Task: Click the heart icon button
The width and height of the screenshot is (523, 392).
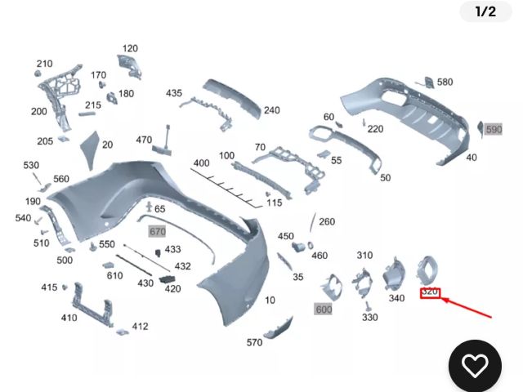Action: pos(475,364)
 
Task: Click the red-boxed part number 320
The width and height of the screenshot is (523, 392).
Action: pos(430,292)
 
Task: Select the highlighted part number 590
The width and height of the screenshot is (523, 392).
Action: pos(494,130)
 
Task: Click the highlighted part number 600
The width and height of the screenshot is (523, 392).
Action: pos(324,310)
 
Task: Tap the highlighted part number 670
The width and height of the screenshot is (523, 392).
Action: pos(158,231)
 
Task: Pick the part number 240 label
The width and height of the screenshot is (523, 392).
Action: pos(271,110)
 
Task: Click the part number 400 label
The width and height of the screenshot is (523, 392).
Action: pos(201,163)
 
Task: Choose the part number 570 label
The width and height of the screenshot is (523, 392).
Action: pos(254,342)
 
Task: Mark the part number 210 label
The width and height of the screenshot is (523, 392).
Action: pos(44,64)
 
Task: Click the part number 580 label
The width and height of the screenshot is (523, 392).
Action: pos(445,82)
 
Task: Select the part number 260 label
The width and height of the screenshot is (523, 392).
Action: pos(327,221)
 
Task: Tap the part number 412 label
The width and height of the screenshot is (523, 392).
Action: pos(140,327)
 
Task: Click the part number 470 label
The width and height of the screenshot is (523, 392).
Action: pos(144,140)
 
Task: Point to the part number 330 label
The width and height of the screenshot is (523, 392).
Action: pos(370,317)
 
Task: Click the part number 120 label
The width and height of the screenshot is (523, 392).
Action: pos(131,48)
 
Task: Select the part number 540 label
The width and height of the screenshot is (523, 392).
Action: pos(23,218)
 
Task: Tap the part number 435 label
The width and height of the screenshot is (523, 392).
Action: pos(174,93)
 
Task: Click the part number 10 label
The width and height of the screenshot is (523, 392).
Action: pos(270,300)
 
